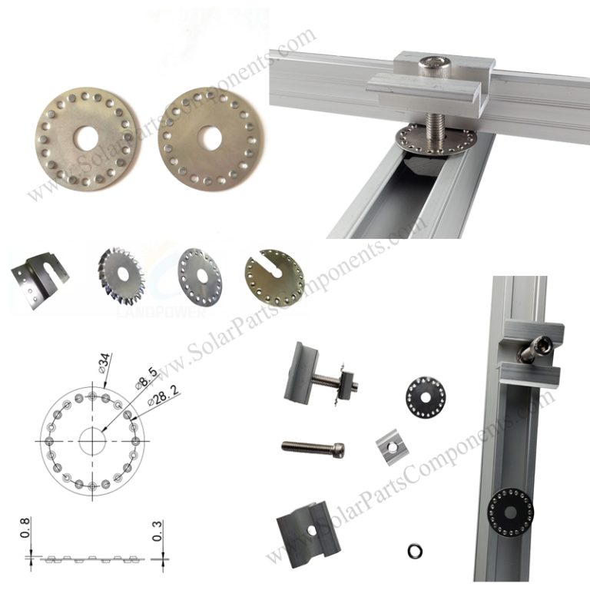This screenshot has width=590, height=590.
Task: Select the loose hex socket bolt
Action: pyautogui.click(x=313, y=446)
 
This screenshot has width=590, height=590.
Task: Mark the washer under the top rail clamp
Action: pyautogui.click(x=423, y=138)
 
